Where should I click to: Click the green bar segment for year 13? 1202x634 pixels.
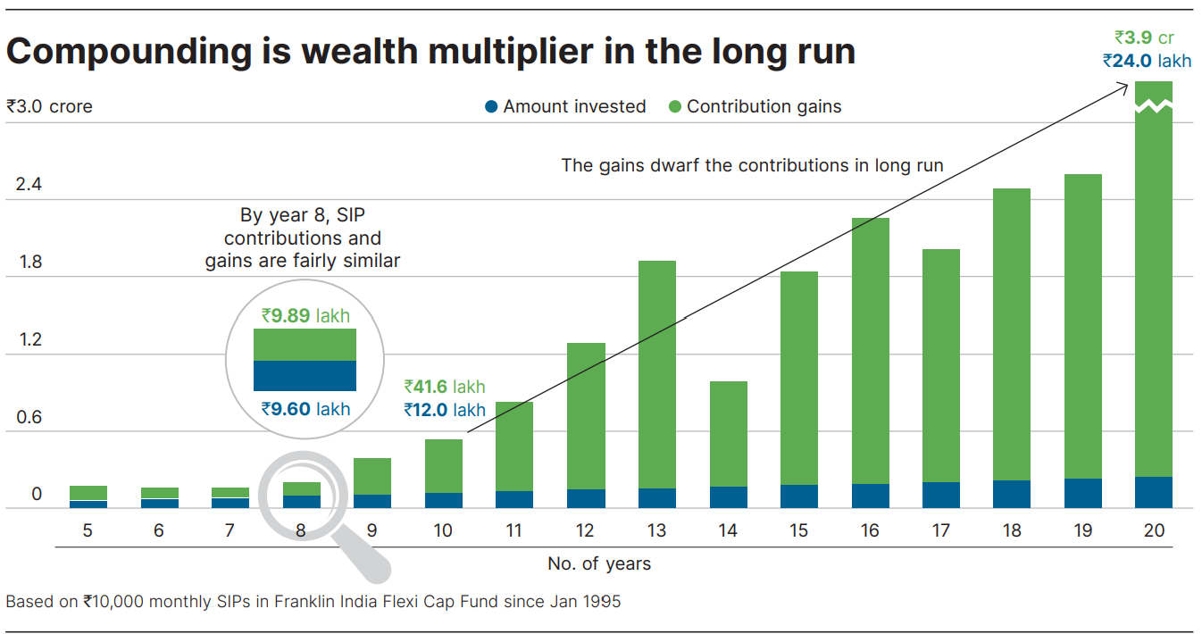click(x=656, y=374)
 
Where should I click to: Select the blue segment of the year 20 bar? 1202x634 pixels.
click(x=1154, y=492)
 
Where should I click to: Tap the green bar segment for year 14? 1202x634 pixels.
click(x=728, y=434)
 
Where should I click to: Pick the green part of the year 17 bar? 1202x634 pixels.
click(x=940, y=365)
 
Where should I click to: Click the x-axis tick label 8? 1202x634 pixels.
click(x=301, y=530)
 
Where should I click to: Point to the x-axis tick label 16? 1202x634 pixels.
click(x=870, y=530)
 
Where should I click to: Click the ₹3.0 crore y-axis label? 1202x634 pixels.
click(x=49, y=106)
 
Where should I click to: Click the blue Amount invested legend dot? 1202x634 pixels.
click(x=490, y=107)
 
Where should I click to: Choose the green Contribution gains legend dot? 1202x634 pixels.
click(x=674, y=107)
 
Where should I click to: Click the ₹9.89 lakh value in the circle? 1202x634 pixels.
click(x=305, y=315)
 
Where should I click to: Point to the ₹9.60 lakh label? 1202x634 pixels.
click(x=305, y=409)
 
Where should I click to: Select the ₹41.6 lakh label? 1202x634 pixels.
click(x=445, y=387)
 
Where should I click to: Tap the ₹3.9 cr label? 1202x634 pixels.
click(x=1144, y=38)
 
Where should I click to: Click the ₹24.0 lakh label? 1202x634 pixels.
click(x=1147, y=62)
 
